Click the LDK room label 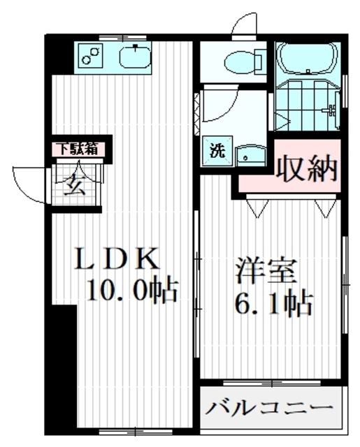118,259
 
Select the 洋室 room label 266,270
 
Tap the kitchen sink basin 136,56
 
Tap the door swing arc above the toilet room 246,25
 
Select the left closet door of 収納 257,205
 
